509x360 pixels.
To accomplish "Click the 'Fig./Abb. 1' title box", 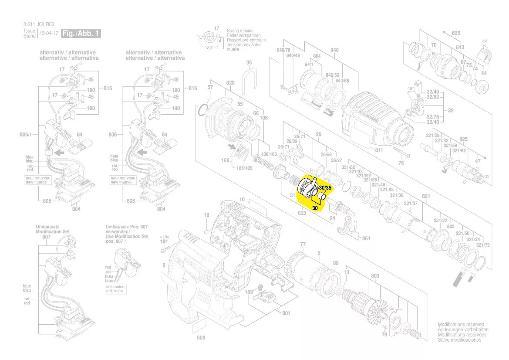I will [81, 33].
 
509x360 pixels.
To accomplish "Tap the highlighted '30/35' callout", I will [325, 187].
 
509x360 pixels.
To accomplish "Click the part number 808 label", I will [201, 338].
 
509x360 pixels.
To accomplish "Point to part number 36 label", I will [249, 63].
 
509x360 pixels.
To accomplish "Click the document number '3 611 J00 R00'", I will [38, 25].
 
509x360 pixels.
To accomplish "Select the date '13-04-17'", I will [49, 34].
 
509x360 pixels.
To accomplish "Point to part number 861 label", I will [366, 238].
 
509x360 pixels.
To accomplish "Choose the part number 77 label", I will [303, 244].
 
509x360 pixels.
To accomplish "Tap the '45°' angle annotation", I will [411, 88].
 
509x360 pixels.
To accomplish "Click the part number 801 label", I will [286, 313].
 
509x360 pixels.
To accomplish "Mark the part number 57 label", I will [210, 88].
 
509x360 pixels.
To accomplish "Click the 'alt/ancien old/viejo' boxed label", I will [115, 289].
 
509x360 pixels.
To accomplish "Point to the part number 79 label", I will [384, 334].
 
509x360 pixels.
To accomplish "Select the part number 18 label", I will [206, 215].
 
